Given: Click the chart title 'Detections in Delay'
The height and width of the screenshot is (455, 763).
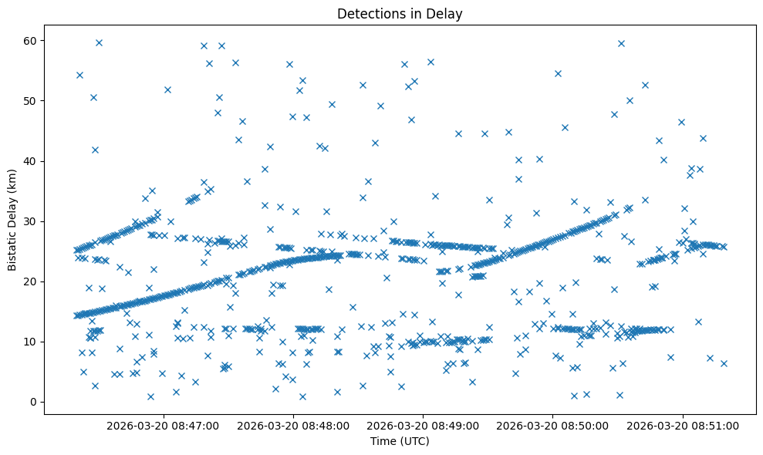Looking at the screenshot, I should (x=400, y=13).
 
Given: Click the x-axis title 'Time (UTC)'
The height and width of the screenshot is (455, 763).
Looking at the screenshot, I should (x=400, y=441).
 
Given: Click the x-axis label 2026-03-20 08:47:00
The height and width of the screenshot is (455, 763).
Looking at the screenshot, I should (x=163, y=425).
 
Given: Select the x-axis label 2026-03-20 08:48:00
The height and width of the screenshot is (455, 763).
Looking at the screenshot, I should (x=293, y=425).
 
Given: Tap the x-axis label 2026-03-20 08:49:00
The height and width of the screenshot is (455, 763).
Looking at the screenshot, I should (x=423, y=425).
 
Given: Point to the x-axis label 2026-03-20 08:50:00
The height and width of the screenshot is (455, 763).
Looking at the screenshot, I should (x=553, y=425).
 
